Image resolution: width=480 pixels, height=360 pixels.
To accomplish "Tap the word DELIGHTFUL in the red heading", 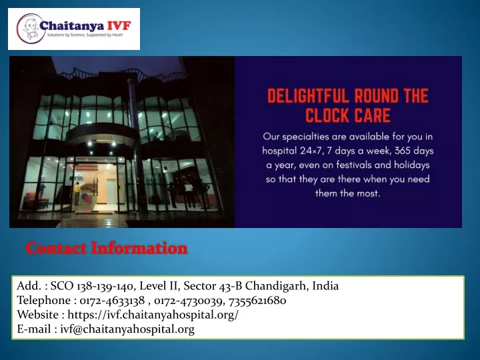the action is point(307,96).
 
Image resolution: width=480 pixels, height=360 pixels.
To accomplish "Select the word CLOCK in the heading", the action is point(327,116).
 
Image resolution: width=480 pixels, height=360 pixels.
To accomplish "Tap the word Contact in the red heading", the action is point(56,248).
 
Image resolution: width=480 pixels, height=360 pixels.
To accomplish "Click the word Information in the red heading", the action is point(139,248).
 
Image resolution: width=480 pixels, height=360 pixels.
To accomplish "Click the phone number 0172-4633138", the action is point(112,300).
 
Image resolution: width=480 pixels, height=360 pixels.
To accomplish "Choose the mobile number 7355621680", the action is point(257,300).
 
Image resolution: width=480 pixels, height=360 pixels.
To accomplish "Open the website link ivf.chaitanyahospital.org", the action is point(153,315).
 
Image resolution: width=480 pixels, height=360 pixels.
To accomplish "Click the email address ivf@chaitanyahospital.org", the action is point(127,329).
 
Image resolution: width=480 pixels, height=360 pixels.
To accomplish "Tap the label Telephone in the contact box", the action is point(44,300).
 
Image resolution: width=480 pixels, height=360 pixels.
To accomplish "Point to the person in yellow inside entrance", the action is point(77,193).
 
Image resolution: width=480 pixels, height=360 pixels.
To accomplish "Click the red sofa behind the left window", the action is point(37,201).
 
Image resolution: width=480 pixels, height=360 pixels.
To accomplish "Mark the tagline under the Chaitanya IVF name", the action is point(85,35).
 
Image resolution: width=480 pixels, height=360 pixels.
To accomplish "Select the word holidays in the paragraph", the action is point(412,165).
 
